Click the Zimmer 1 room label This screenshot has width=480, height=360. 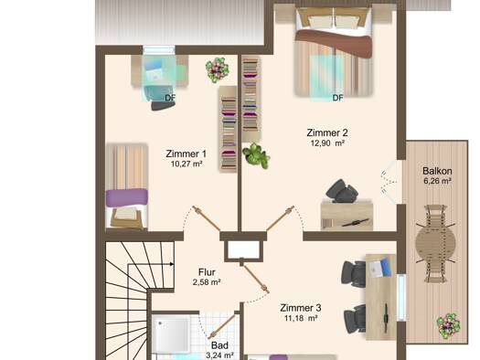(x=186, y=154)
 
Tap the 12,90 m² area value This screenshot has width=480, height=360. (x=327, y=143)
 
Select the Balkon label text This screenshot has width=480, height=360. (x=437, y=171)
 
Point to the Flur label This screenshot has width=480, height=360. (x=207, y=272)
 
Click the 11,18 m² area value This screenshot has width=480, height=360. (x=301, y=318)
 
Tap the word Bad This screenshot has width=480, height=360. (x=219, y=345)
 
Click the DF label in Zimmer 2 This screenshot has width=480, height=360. (x=338, y=98)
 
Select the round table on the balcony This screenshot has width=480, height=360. (x=435, y=243)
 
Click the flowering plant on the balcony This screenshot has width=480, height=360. (x=449, y=325)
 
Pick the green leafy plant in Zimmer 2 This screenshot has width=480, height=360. (x=256, y=155)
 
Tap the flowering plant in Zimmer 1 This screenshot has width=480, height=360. (x=217, y=70)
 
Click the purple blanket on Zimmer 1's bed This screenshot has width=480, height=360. (x=127, y=197)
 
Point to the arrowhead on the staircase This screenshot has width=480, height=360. (x=173, y=264)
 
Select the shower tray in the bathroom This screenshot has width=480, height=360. (x=172, y=334)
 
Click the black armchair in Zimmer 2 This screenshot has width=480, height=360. (x=342, y=191)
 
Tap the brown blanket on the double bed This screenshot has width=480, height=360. (x=334, y=43)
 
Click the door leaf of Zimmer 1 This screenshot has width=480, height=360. (x=207, y=218)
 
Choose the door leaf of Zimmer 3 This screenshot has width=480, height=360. (x=255, y=277)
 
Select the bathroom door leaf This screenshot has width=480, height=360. (x=224, y=326)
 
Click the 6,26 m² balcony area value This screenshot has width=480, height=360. (x=437, y=181)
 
